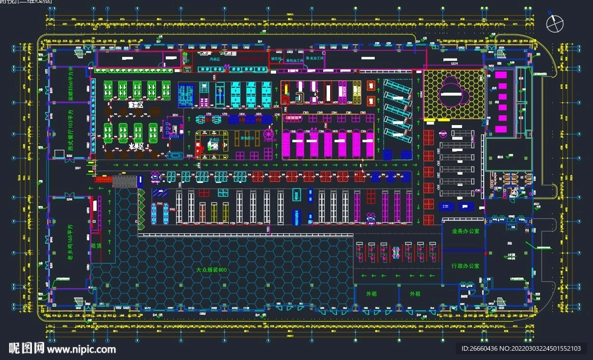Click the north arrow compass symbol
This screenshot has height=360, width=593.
tap(555, 24)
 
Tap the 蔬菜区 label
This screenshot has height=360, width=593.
tap(136, 105)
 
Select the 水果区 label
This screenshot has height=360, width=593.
tap(136, 146)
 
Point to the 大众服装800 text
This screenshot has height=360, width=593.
tap(211, 270)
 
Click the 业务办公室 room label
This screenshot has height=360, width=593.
tap(462, 230)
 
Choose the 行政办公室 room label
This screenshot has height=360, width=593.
tap(465, 266)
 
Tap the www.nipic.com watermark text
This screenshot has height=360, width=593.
tap(81, 349)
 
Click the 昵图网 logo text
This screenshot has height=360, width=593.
tap(26, 348)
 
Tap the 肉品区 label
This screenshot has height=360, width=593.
tap(206, 59)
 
